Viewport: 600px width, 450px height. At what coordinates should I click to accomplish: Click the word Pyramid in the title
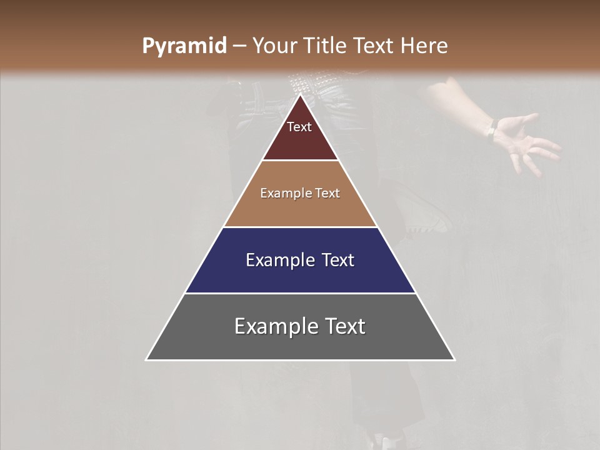pyautogui.click(x=184, y=46)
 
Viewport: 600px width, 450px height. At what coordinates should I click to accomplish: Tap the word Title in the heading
pyautogui.click(x=325, y=46)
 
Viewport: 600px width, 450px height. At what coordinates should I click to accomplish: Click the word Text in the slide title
pyautogui.click(x=376, y=46)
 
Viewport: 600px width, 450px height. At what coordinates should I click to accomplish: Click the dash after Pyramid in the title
pyautogui.click(x=239, y=46)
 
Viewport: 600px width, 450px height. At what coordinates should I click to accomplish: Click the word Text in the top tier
pyautogui.click(x=299, y=127)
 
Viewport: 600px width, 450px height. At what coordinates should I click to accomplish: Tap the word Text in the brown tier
pyautogui.click(x=327, y=193)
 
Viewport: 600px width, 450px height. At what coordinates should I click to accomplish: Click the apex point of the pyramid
pyautogui.click(x=300, y=95)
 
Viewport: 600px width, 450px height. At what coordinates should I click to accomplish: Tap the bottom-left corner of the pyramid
pyautogui.click(x=146, y=359)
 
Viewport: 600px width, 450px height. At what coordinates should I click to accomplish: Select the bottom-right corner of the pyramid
pyautogui.click(x=454, y=359)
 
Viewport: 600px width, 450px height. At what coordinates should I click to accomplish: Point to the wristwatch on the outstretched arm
pyautogui.click(x=492, y=131)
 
